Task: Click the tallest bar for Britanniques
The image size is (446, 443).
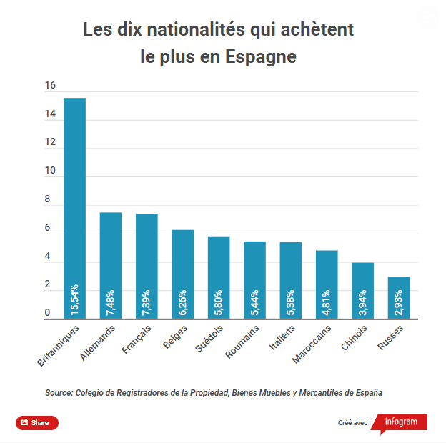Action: click(x=74, y=207)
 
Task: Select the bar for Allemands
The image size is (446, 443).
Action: click(x=111, y=265)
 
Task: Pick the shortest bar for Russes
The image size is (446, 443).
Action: click(x=399, y=297)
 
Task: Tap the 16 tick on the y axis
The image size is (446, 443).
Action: click(x=50, y=86)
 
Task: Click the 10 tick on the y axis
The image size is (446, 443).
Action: click(x=50, y=171)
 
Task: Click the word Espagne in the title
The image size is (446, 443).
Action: click(x=262, y=57)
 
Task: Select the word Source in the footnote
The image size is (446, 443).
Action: click(x=59, y=392)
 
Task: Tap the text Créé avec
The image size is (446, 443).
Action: click(x=352, y=423)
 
